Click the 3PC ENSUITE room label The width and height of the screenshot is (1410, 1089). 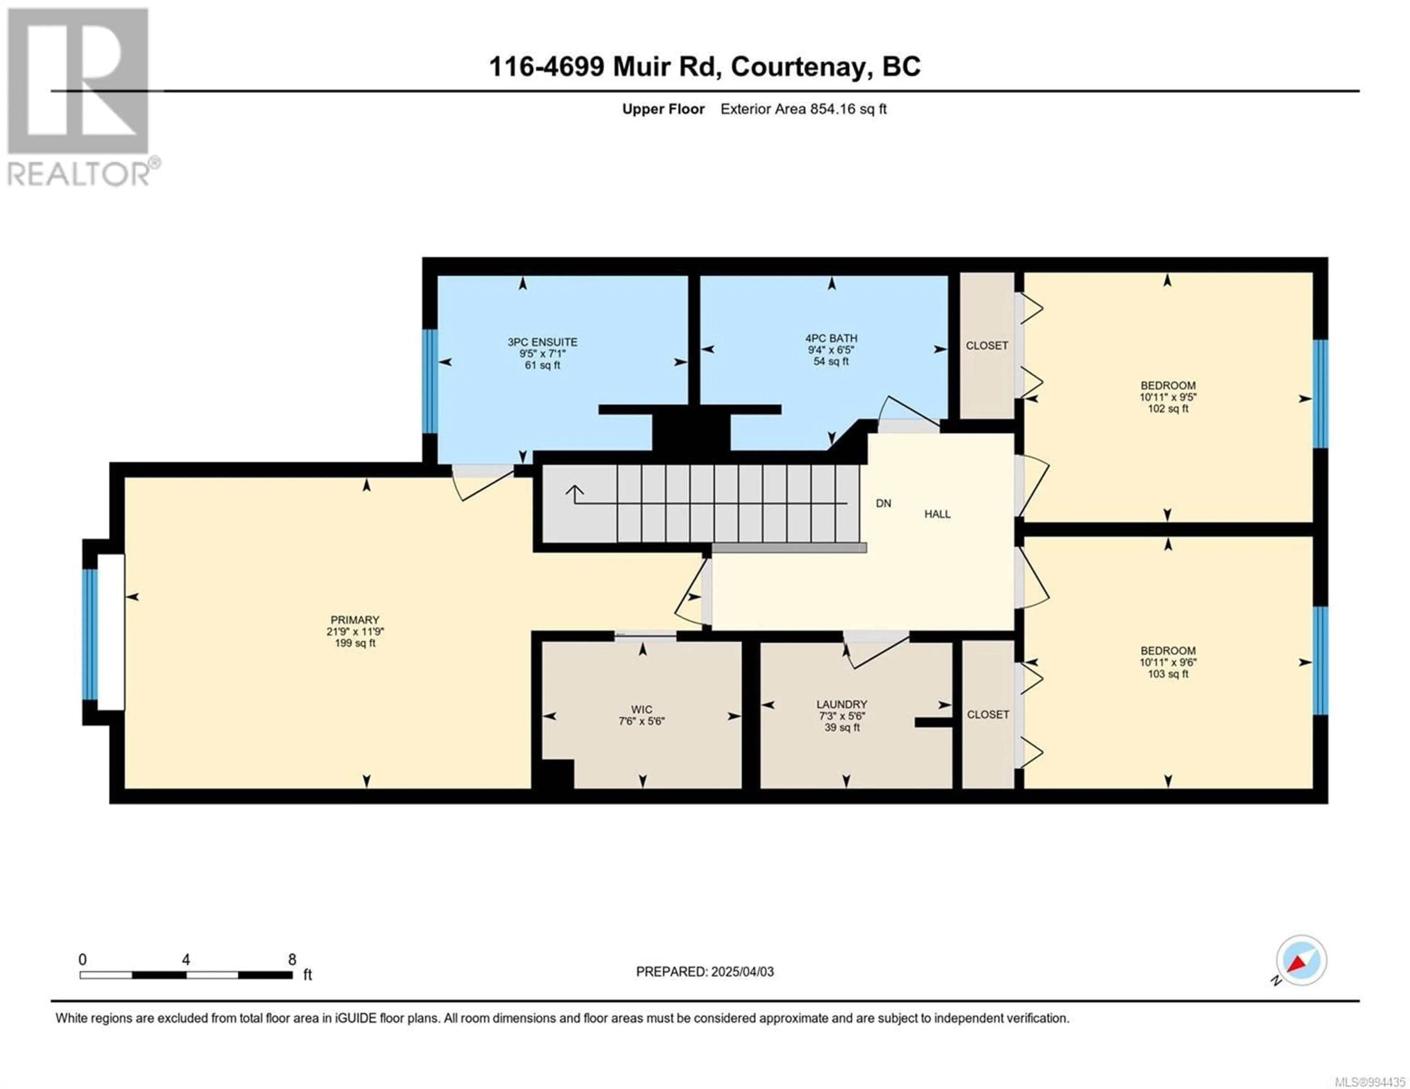[x=542, y=342]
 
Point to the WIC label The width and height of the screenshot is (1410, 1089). [x=642, y=709]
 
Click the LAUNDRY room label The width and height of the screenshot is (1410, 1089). [x=842, y=704]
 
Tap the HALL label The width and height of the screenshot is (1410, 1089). [x=937, y=514]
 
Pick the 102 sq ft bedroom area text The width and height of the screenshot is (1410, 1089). [x=1168, y=409]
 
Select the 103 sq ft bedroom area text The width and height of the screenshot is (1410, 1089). [x=1168, y=674]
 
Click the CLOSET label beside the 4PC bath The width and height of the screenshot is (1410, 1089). [x=987, y=345]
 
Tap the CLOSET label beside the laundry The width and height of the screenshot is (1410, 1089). [x=988, y=715]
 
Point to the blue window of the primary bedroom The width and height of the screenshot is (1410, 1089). [x=90, y=635]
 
